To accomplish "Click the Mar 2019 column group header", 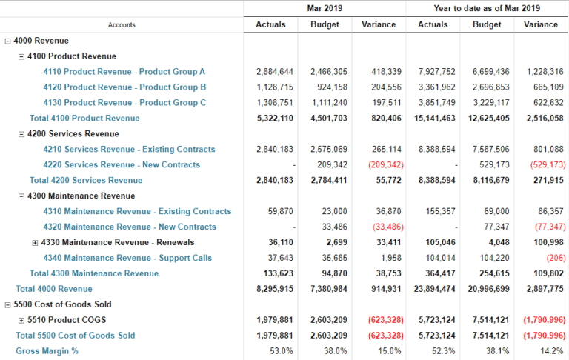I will (325, 8).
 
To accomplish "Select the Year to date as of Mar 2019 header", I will (487, 8).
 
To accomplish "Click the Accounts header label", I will (122, 25).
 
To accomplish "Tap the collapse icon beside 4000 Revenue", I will (7, 41).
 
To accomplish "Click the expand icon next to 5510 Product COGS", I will (21, 320).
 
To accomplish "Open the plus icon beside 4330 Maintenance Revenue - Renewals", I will (35, 243).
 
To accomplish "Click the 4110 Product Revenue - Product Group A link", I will (124, 72).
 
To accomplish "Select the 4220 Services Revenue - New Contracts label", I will (122, 165).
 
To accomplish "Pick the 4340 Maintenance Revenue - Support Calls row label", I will (127, 259).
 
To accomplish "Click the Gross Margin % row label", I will (47, 351).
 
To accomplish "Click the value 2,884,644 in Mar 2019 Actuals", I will (275, 72).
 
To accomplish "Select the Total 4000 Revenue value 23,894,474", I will (433, 289).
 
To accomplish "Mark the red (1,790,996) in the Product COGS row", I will (543, 320).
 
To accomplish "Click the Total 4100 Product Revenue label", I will (84, 119).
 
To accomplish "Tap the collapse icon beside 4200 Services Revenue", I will (21, 134).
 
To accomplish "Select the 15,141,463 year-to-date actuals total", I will (433, 119).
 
